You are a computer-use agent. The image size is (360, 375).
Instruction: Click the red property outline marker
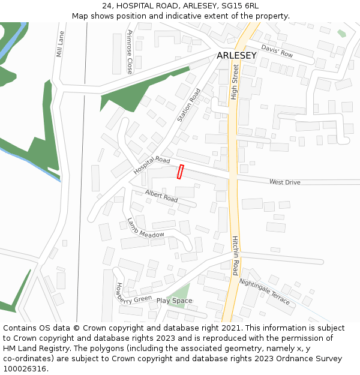[180, 172]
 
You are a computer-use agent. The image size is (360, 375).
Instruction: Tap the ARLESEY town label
[236, 56]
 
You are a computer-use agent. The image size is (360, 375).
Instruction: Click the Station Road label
[189, 106]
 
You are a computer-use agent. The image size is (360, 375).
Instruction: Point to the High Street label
[235, 82]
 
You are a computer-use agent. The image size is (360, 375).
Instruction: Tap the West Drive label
[284, 182]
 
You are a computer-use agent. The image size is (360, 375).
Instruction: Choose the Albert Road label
[161, 195]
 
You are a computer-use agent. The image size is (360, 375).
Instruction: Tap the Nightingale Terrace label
[265, 291]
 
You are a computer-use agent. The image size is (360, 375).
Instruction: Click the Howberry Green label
[134, 293]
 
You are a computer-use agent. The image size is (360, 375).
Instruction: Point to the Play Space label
[174, 301]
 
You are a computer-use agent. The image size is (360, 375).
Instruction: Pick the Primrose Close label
[130, 52]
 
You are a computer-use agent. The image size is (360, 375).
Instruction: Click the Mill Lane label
[59, 44]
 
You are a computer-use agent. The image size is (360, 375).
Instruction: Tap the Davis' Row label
[277, 50]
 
